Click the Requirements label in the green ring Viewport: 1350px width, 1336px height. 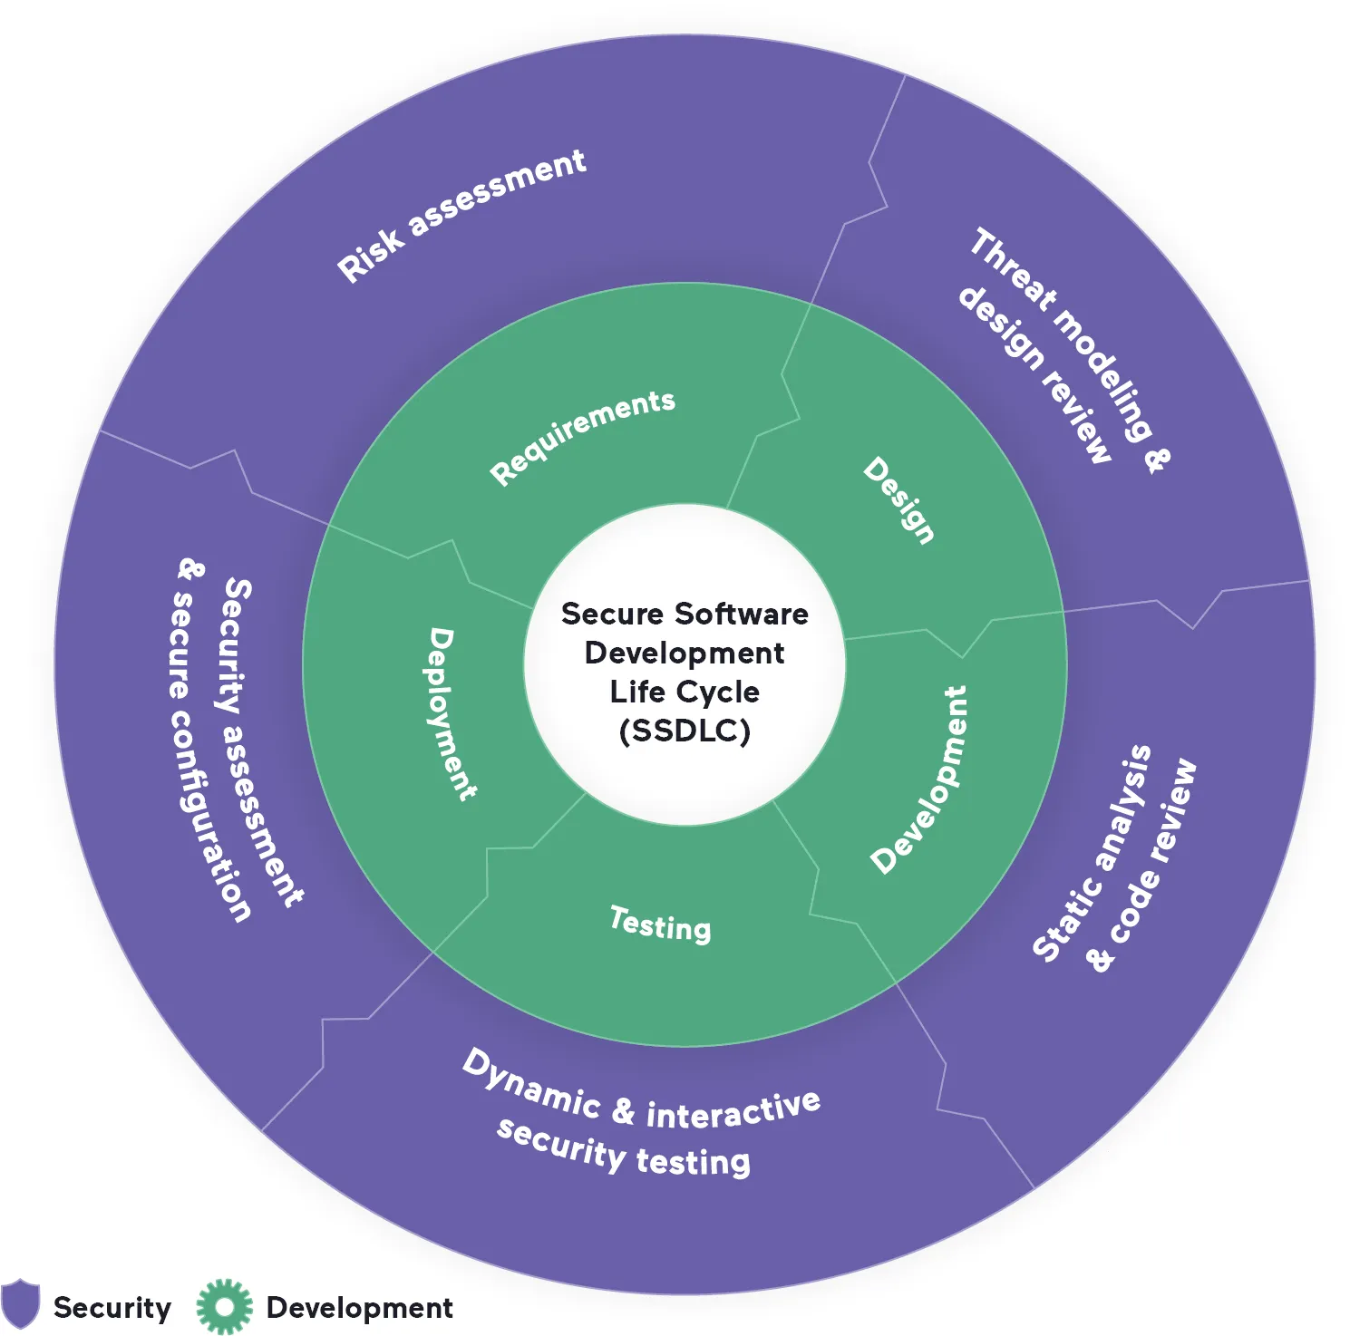point(582,438)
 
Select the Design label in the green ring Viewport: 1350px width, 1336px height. point(898,500)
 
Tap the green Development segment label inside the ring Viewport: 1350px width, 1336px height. point(919,780)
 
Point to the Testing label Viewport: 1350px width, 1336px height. point(660,925)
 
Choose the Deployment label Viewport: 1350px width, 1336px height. point(451,714)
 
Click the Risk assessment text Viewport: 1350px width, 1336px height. point(461,216)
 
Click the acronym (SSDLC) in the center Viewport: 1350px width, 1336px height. point(685,731)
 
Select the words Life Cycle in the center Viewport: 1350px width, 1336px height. point(685,692)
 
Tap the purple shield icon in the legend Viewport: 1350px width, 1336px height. point(21,1304)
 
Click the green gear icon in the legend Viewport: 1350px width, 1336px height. point(224,1306)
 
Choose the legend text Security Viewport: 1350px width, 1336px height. point(112,1308)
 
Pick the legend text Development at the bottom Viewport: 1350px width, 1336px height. point(359,1308)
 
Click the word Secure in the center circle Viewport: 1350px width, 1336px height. point(612,615)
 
